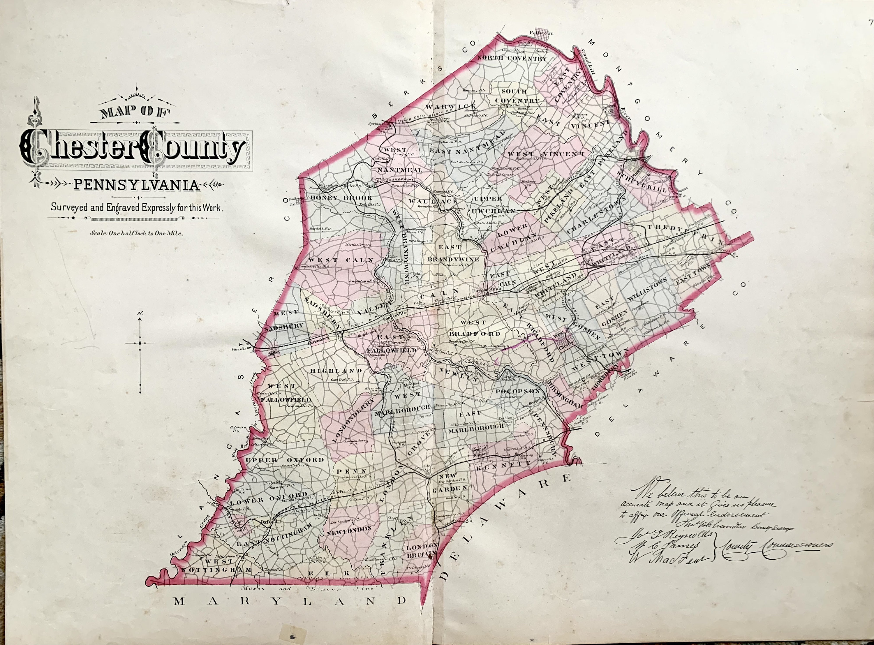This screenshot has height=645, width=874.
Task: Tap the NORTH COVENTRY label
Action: coord(512,59)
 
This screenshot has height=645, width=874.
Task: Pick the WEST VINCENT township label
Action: coord(546,154)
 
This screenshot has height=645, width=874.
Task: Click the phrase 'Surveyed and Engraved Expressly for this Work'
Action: coord(137,208)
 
